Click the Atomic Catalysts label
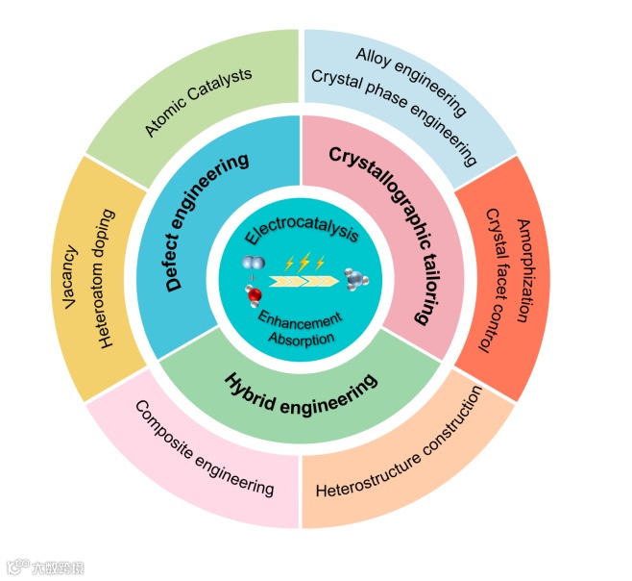tap(199, 102)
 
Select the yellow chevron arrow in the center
tap(305, 282)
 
